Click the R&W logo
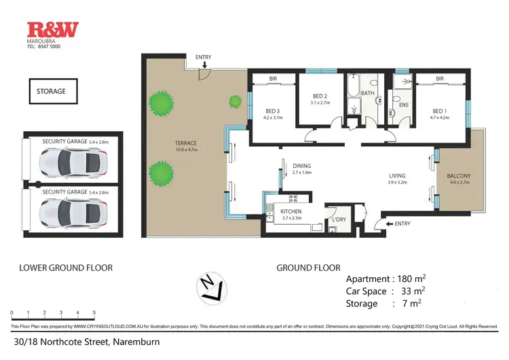[52, 29]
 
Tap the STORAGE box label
[52, 90]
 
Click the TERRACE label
[185, 143]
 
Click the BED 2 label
[320, 96]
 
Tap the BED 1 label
[439, 111]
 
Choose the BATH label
[368, 92]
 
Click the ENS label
[403, 106]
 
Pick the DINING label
[301, 165]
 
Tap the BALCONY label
[459, 177]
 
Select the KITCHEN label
[291, 212]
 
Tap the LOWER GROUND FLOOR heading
[66, 268]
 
